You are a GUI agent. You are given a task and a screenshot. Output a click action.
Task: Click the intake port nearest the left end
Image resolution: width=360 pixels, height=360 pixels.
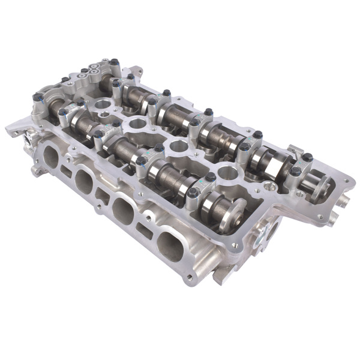(51, 157)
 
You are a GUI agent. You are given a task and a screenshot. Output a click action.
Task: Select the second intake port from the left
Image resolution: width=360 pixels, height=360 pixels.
(84, 180)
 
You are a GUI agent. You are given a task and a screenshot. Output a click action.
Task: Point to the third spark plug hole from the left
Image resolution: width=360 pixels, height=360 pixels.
(178, 146)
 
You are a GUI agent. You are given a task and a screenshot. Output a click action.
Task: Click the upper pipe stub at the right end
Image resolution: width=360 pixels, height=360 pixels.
(344, 197)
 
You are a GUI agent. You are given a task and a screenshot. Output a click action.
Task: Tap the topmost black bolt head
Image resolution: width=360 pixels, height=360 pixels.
(114, 62)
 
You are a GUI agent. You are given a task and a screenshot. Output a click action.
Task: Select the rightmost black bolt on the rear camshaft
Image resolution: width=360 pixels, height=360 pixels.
(307, 157)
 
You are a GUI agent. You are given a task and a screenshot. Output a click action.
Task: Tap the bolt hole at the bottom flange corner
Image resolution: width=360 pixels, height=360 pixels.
(190, 277)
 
